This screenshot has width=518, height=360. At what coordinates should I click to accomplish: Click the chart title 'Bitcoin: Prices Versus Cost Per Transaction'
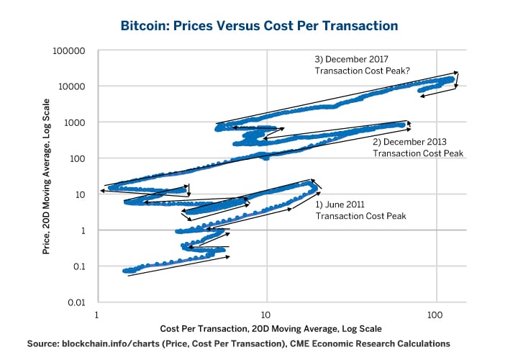pos(258,26)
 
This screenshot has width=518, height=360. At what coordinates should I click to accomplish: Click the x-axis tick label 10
pos(266,315)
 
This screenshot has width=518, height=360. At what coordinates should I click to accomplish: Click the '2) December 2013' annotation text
pos(408,141)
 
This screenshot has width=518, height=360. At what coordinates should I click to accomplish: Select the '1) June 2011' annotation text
pos(344,204)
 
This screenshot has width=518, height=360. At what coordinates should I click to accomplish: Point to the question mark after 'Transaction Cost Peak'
pos(407,72)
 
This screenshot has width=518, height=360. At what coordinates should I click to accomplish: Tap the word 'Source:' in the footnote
pos(42,344)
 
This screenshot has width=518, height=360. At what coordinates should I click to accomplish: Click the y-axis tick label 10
pos(82,194)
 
